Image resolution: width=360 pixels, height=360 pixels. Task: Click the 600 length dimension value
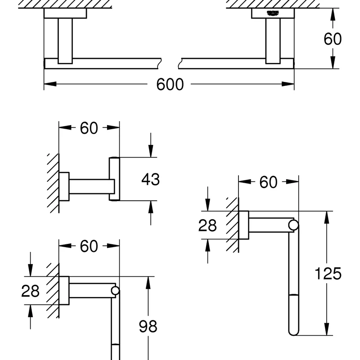[170, 84]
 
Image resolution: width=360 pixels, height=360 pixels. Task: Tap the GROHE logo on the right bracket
[273, 13]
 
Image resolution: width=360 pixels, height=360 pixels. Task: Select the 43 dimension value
[150, 179]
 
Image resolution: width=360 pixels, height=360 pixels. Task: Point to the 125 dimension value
[328, 274]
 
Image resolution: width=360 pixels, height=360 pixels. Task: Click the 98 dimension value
[148, 326]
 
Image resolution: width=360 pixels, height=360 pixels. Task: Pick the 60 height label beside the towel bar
[333, 39]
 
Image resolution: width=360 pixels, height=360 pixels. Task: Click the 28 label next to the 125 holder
[207, 225]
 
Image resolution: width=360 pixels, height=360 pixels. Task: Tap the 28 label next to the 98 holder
[30, 291]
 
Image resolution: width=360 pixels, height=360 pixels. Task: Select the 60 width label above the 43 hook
[89, 128]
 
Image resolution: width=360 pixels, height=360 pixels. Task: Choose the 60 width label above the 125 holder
[268, 182]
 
